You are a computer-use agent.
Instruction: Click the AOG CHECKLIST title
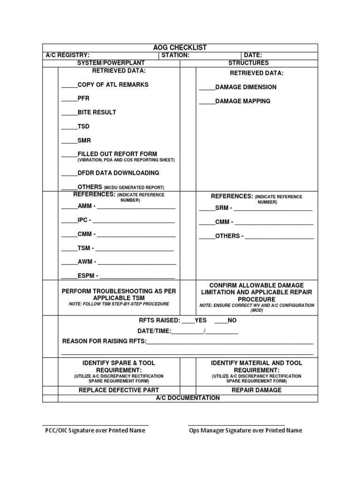[180, 48]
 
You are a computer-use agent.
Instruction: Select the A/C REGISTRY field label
[67, 55]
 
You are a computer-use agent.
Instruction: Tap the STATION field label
[175, 55]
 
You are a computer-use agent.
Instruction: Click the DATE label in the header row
[253, 55]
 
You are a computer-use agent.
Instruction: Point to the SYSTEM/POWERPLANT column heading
[111, 63]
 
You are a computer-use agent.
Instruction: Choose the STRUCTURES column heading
[248, 63]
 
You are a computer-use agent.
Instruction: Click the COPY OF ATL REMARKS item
[112, 85]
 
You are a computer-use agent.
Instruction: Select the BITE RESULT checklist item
[97, 112]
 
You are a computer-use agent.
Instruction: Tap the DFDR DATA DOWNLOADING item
[118, 173]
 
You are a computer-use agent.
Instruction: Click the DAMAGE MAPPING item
[242, 101]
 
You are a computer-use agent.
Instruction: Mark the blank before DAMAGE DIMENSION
[207, 88]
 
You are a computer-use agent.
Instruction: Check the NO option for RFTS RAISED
[221, 321]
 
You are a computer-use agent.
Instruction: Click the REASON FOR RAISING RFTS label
[104, 341]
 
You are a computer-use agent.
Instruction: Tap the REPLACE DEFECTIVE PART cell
[119, 390]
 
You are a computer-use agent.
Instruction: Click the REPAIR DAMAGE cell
[256, 390]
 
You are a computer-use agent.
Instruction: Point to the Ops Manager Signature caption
[245, 430]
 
